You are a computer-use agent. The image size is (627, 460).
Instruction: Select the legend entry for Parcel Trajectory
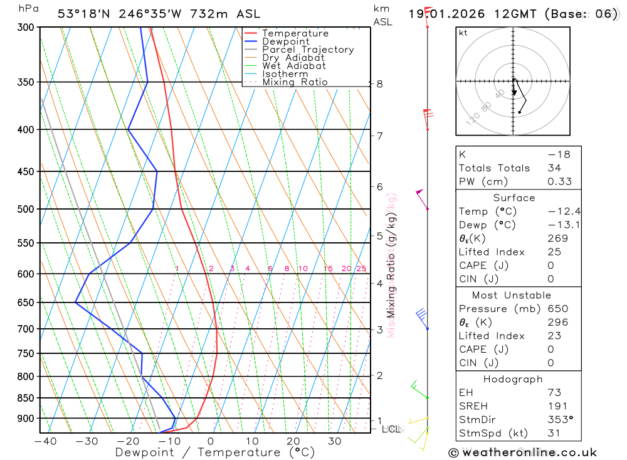(x=307, y=50)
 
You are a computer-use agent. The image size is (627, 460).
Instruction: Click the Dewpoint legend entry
(x=285, y=41)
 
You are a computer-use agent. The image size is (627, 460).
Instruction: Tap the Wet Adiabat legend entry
(x=293, y=66)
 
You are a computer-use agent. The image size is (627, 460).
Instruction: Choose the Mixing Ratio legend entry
(x=295, y=82)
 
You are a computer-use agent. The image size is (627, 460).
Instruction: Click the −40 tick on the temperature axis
(x=45, y=441)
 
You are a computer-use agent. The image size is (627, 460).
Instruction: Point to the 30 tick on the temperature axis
(x=334, y=441)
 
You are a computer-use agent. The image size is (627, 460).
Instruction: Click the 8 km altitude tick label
(x=379, y=83)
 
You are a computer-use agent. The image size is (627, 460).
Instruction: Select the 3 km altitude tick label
(x=379, y=329)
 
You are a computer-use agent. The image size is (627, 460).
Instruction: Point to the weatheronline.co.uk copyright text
(x=522, y=452)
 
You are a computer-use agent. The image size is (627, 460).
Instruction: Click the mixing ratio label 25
(x=361, y=269)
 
